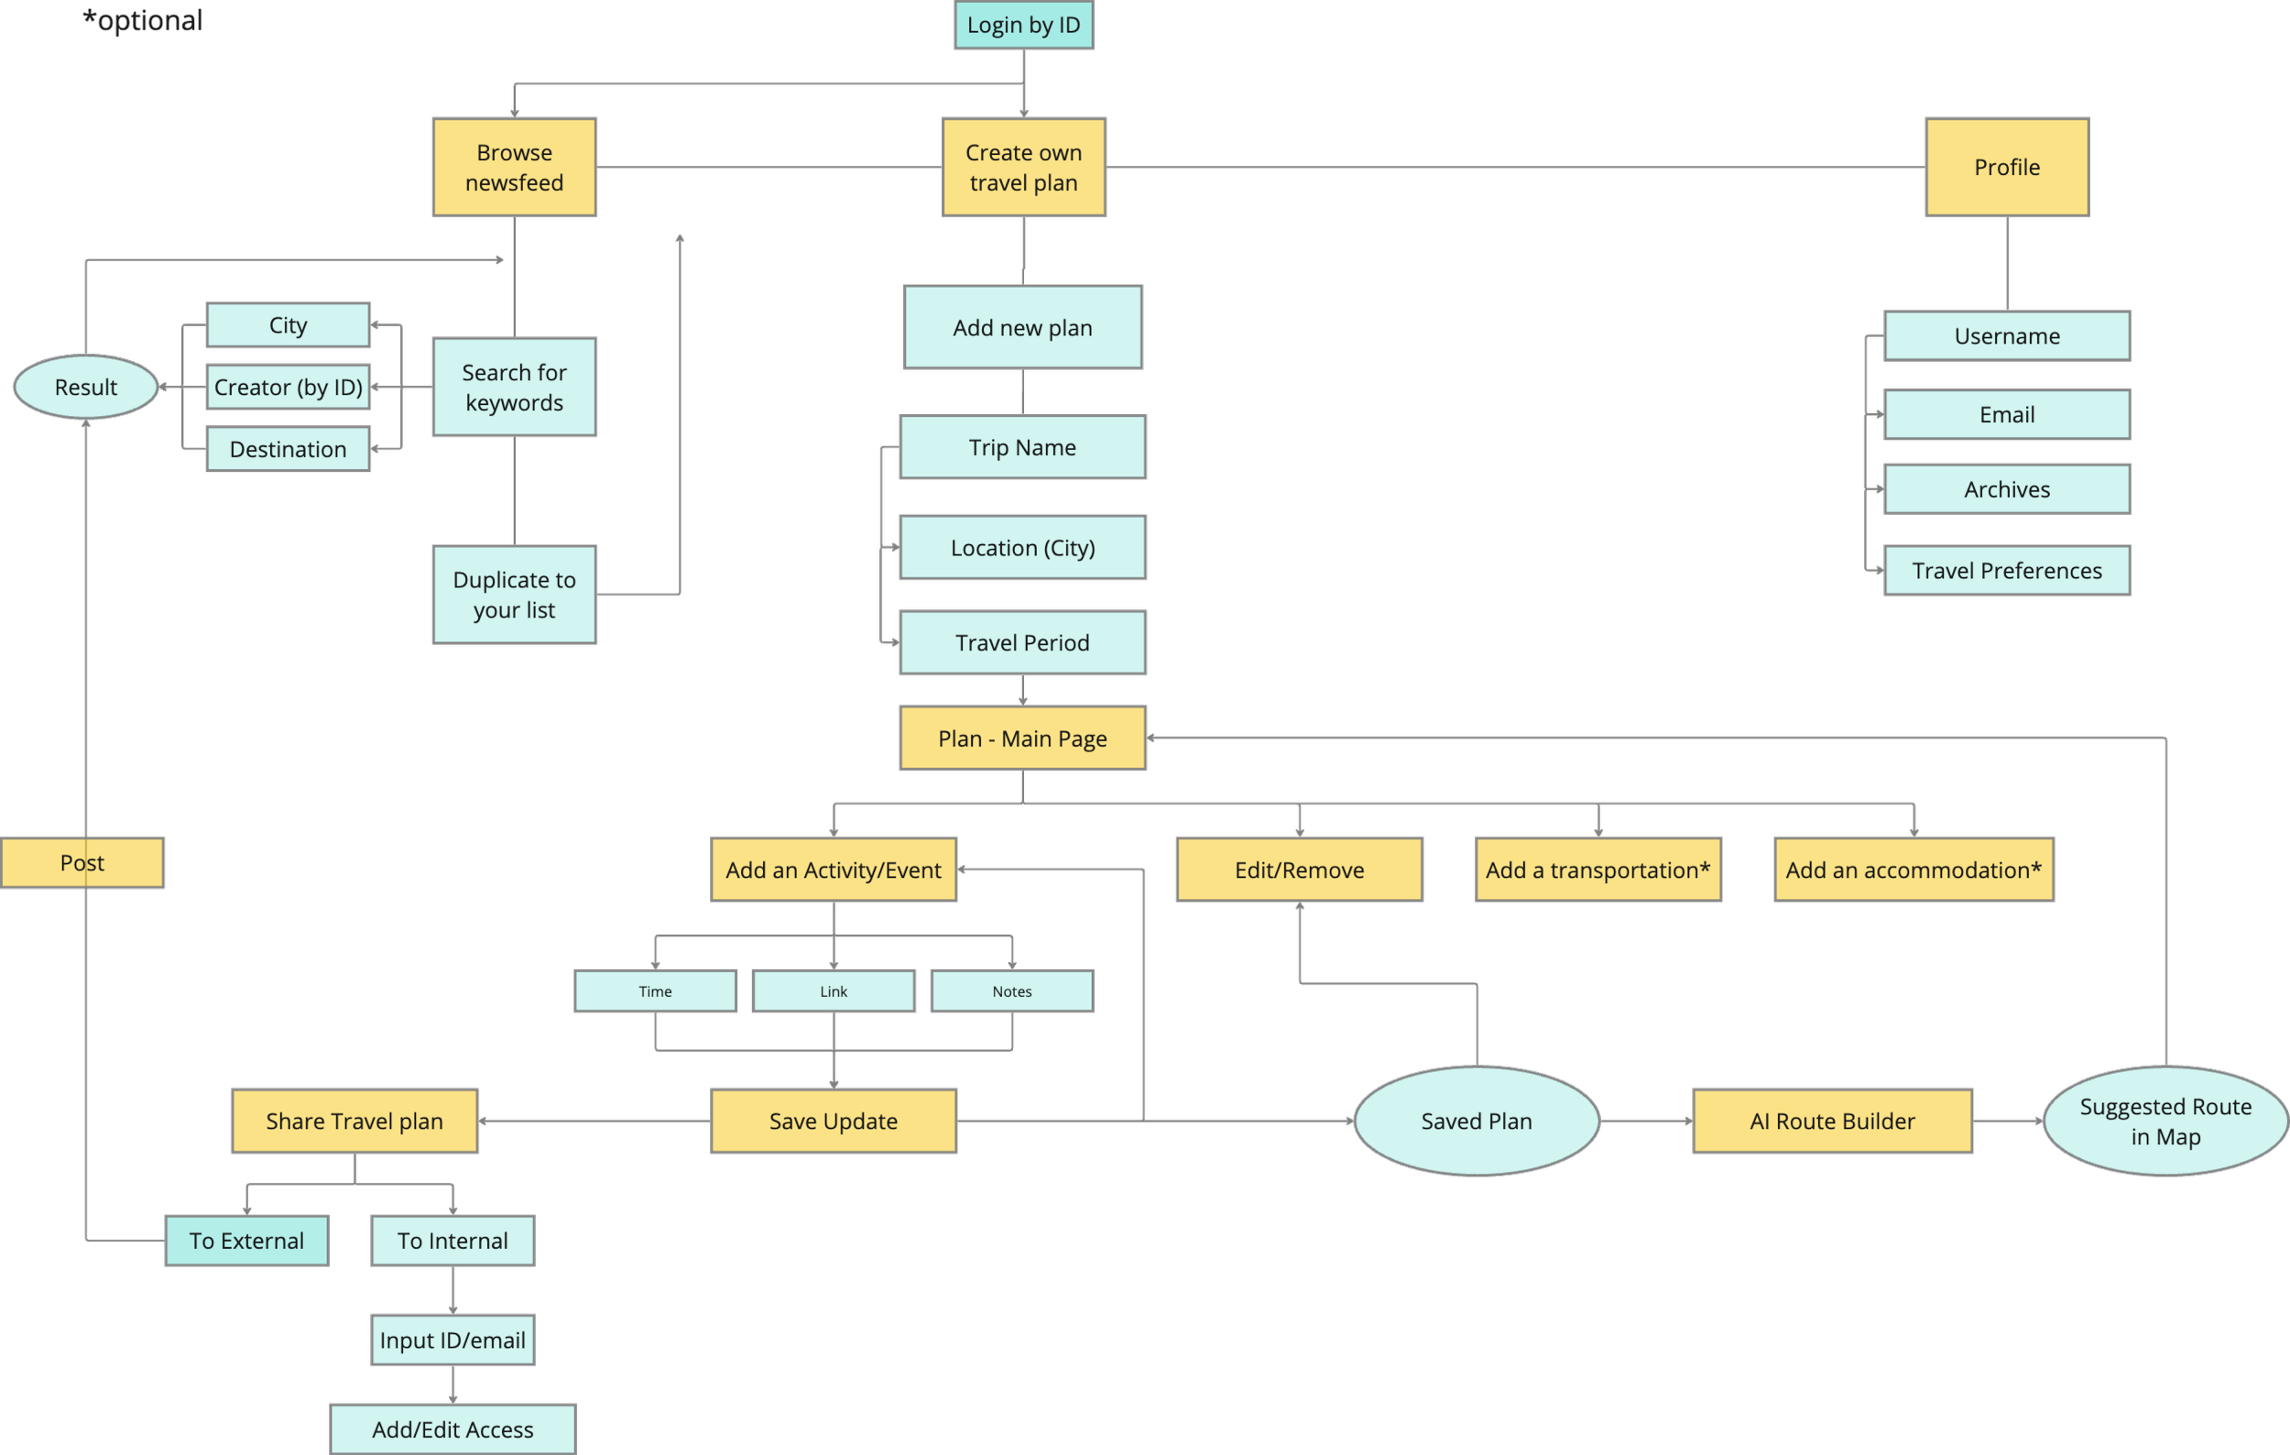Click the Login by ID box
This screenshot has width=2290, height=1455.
pos(1023,25)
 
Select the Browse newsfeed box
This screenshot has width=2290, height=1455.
pos(514,168)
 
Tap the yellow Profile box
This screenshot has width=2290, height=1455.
pos(2007,168)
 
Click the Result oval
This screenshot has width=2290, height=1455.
pos(85,387)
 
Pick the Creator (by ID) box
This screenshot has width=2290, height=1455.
pos(289,387)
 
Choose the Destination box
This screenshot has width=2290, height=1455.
pos(289,449)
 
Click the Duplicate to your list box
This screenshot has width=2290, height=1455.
pos(514,595)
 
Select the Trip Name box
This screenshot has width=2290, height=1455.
pos(1022,447)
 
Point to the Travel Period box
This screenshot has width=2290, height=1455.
pos(1022,643)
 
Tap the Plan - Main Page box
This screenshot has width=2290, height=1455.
pos(1022,738)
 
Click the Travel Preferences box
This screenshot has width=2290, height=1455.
pos(2007,571)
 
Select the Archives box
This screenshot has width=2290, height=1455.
pos(2007,488)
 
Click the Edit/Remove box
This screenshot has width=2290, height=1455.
pos(1299,870)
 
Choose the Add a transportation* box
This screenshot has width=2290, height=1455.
pos(1598,870)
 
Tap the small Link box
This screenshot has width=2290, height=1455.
pos(833,991)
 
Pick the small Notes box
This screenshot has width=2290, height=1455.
pos(1012,991)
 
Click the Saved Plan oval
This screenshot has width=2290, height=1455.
pos(1476,1121)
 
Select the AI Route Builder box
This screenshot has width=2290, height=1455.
pos(1832,1121)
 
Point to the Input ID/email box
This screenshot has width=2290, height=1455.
pos(453,1340)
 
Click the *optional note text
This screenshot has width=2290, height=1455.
pos(143,21)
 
